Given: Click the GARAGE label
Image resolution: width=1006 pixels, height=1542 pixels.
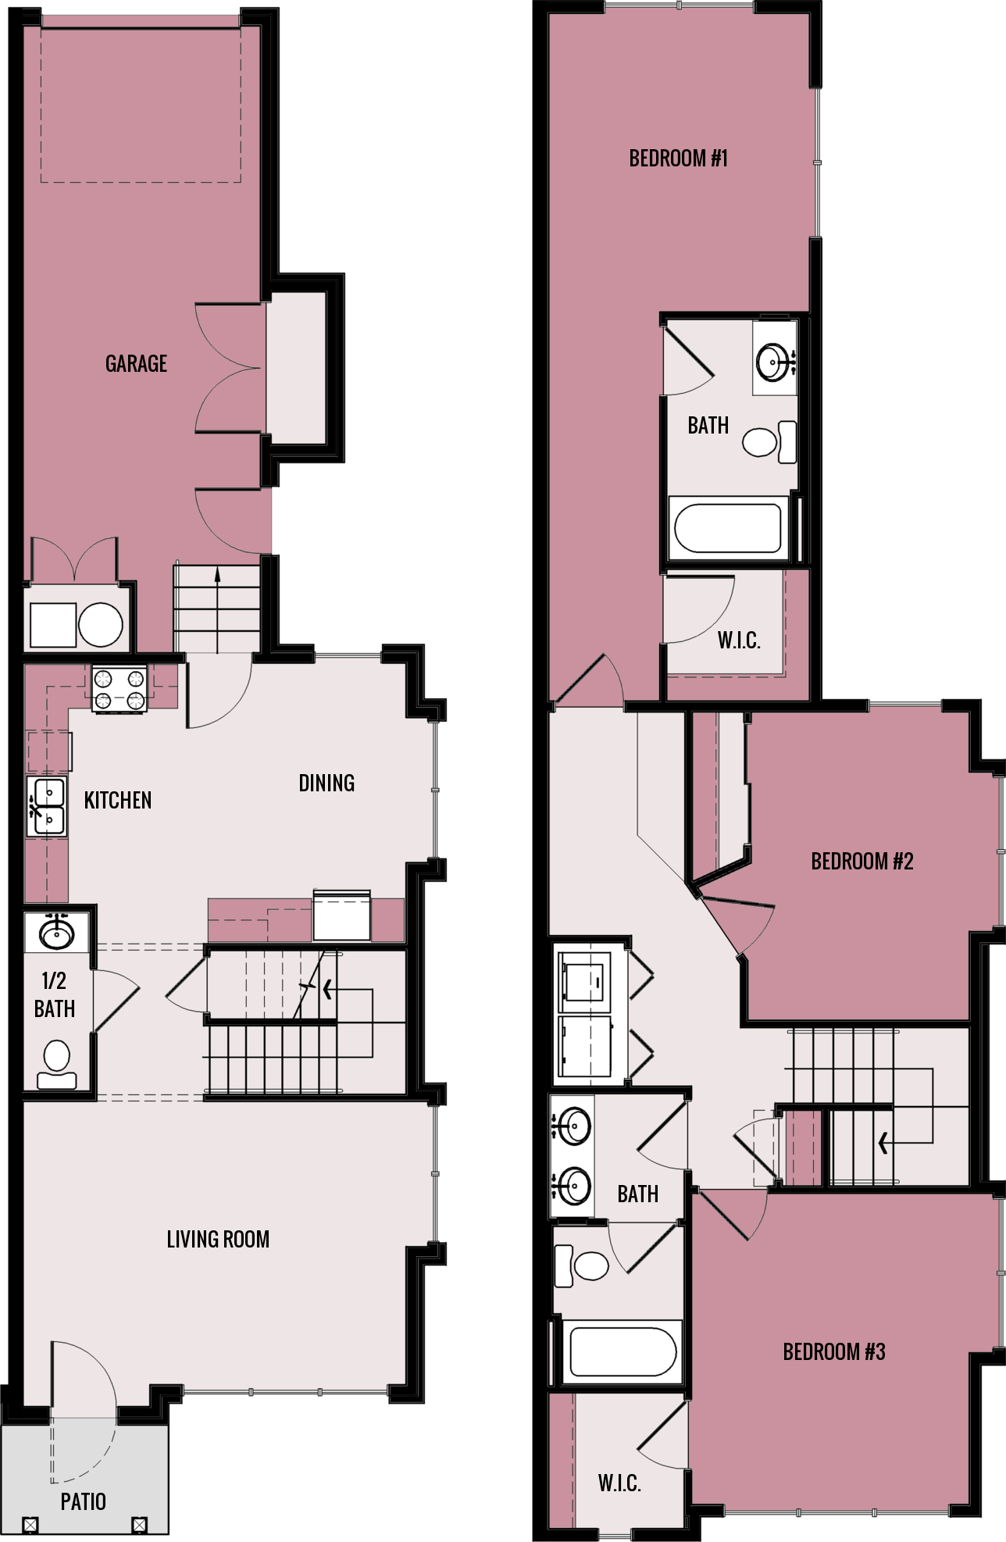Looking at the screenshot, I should coord(136,363).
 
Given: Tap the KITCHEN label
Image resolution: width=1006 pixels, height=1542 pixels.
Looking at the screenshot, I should coord(117,800).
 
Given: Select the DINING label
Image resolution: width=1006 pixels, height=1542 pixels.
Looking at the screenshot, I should coord(326,783).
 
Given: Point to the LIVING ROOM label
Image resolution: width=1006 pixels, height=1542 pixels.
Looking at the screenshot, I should coord(218,1239).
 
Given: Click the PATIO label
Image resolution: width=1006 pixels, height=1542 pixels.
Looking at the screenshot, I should coord(83,1501).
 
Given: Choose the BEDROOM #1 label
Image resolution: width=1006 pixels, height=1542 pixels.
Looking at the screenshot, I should coord(678,159).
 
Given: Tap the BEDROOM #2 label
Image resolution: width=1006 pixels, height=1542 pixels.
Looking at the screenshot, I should coord(862,861).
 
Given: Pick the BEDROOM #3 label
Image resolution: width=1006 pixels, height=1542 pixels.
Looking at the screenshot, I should coord(833,1351).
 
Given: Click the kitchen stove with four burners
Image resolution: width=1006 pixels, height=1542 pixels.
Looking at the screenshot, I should coord(120,688).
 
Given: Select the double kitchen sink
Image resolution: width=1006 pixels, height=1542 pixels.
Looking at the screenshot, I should coord(47,807).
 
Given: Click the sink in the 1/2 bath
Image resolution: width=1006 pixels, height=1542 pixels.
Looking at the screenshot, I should coord(57,932).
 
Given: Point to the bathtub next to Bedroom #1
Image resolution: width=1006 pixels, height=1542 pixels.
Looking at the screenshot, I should coord(727,528).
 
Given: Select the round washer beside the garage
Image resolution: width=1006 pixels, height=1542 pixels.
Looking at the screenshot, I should coord(100,625).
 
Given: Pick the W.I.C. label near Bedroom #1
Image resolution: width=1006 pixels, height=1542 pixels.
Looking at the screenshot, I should coord(738,641).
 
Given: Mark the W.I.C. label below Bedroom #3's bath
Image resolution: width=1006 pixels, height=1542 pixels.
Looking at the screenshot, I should coord(619,1483).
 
